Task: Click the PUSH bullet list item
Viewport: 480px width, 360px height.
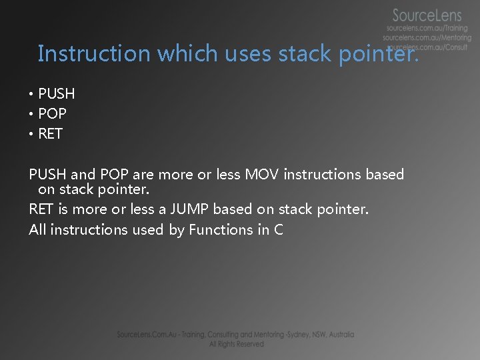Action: (x=57, y=94)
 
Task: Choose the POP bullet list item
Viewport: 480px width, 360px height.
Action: (x=53, y=114)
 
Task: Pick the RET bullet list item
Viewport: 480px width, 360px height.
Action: (x=51, y=134)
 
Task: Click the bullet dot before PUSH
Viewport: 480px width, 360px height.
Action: (x=31, y=94)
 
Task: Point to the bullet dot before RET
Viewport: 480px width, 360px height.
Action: (x=31, y=134)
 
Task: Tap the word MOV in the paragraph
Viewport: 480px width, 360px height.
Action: (x=262, y=175)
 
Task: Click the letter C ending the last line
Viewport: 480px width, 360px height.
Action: (x=278, y=230)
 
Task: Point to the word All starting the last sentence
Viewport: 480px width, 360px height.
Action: (x=37, y=230)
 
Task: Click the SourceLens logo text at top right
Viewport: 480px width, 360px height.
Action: (x=427, y=15)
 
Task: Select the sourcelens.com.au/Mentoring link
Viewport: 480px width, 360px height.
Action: (x=427, y=38)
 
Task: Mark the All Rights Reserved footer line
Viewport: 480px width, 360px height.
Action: (x=236, y=344)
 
